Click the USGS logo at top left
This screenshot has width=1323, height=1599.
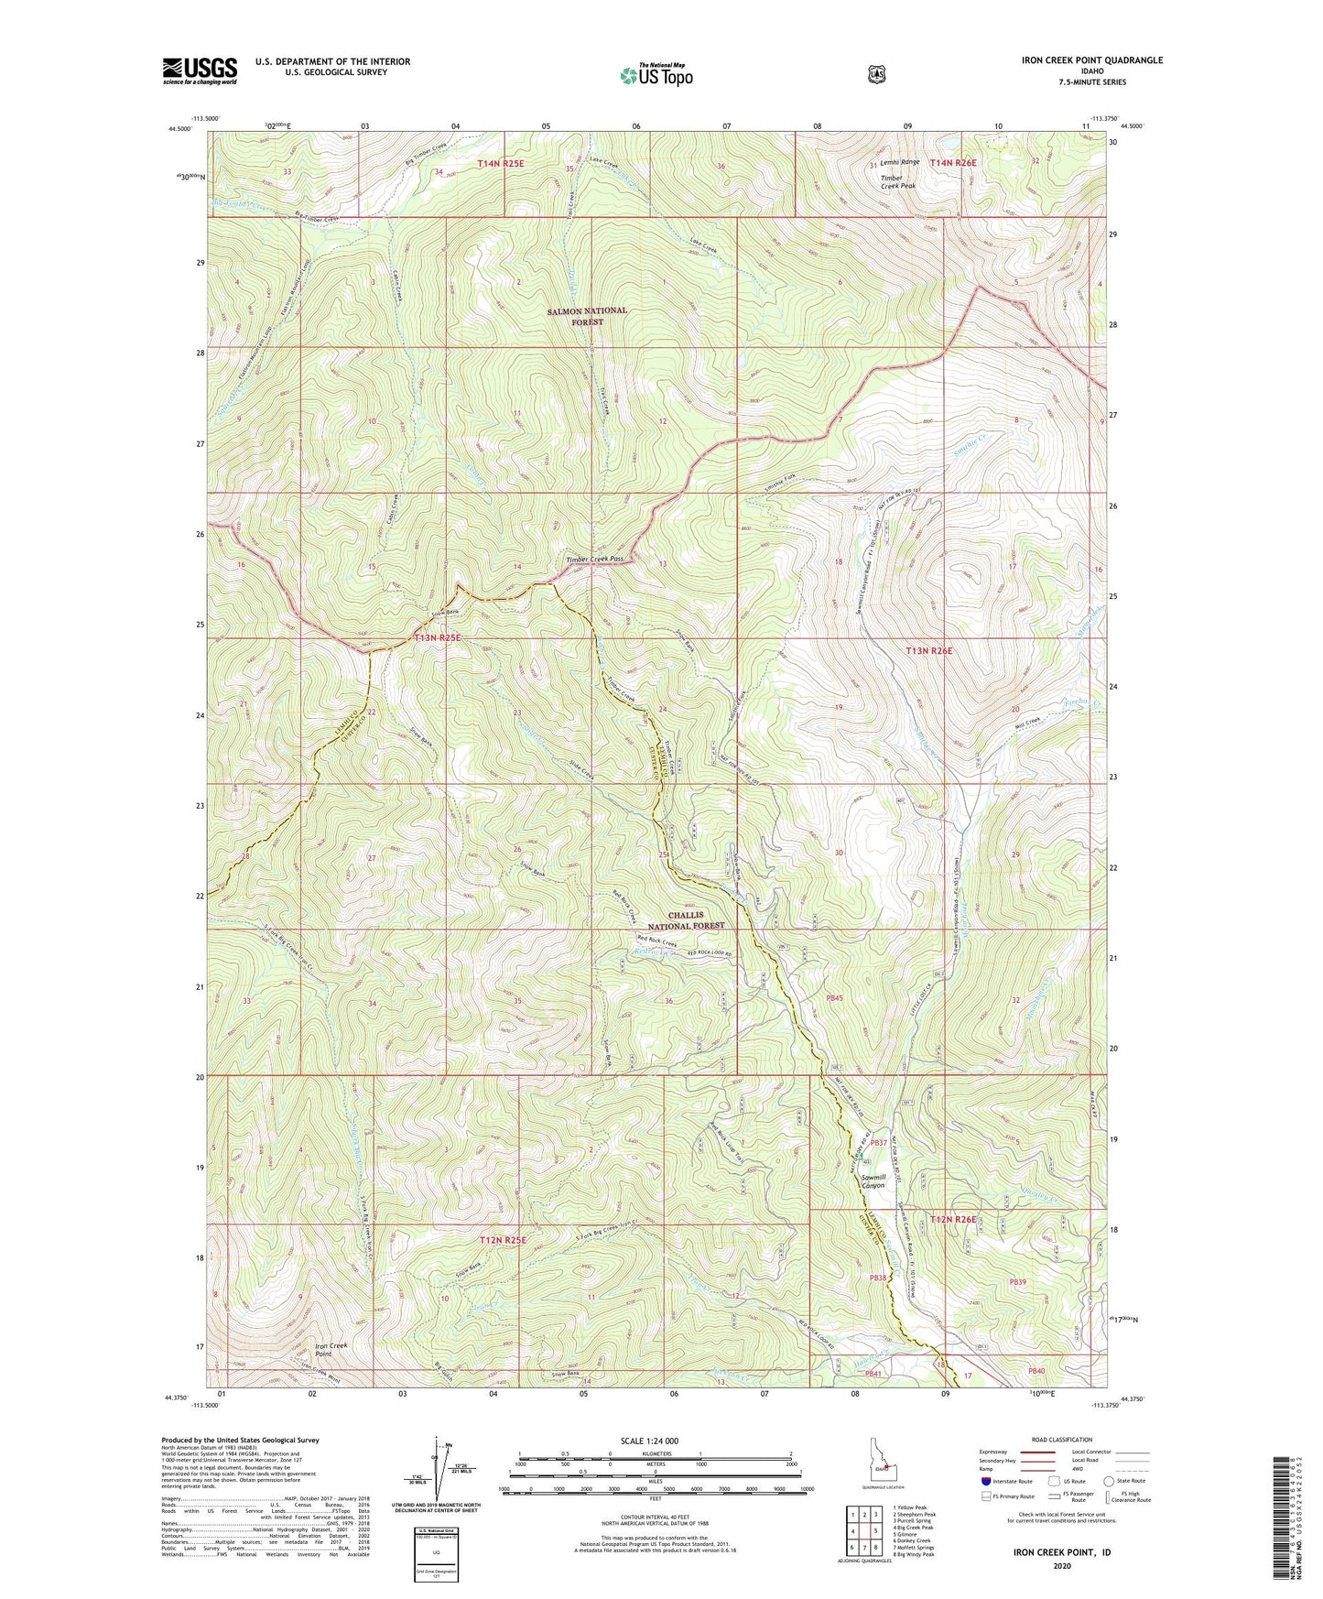pos(200,70)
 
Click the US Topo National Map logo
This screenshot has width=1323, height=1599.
pos(654,74)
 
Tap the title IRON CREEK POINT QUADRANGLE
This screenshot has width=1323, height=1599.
pos(1079,60)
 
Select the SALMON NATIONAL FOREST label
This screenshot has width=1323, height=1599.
pos(587,316)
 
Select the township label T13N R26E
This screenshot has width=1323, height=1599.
pos(928,651)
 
